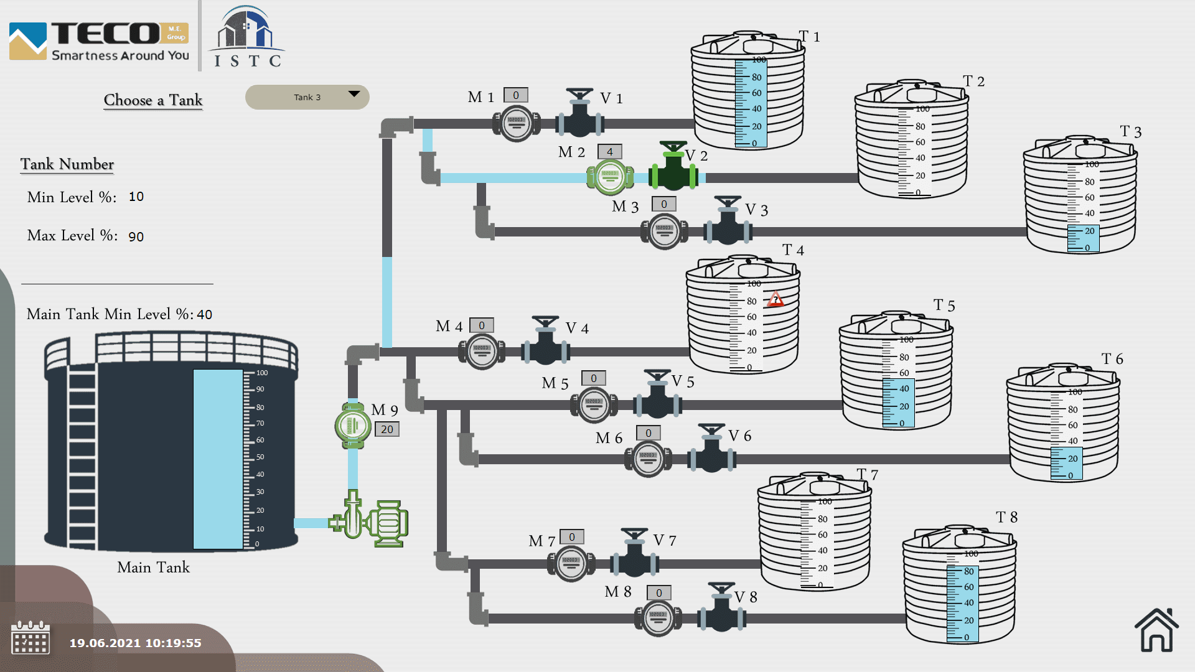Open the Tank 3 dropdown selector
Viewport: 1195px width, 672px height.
click(307, 97)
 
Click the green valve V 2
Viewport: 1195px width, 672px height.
click(673, 169)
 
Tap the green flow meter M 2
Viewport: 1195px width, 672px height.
click(610, 177)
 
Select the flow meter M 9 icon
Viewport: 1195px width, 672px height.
click(353, 426)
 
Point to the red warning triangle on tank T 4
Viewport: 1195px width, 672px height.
click(776, 300)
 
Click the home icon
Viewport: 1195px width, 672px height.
click(1156, 631)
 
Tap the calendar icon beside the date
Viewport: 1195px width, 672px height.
click(30, 638)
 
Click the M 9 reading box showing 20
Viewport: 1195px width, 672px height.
click(387, 429)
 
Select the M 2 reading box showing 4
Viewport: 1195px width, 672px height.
click(610, 152)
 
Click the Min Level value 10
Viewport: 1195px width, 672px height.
click(136, 197)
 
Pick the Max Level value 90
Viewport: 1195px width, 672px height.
click(136, 236)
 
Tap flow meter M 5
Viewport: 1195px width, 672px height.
click(594, 404)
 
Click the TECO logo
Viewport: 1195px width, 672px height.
click(99, 41)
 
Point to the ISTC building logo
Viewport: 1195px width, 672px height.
click(246, 36)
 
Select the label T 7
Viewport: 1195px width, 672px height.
click(867, 475)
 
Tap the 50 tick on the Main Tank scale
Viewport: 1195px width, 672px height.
click(260, 457)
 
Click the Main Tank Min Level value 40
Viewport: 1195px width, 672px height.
click(205, 315)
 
